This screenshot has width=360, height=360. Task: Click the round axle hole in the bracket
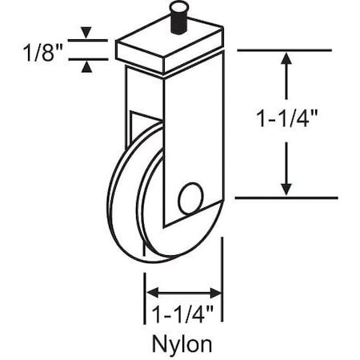190,198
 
